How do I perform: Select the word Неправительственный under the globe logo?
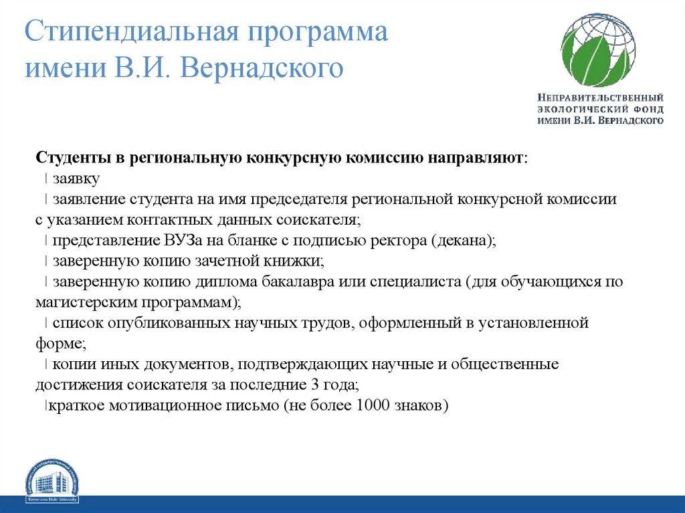click(600, 98)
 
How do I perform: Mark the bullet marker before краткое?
click(45, 405)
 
